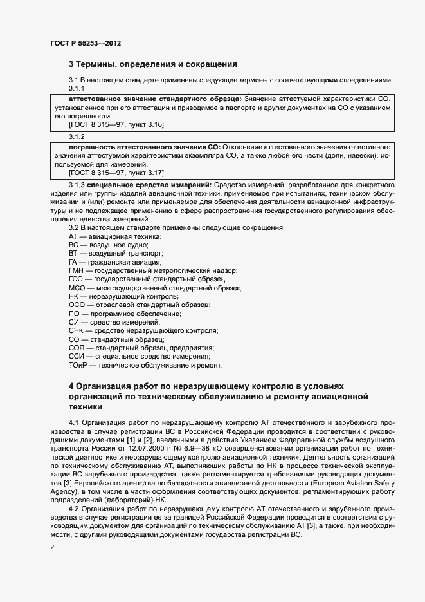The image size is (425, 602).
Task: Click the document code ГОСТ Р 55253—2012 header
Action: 86,43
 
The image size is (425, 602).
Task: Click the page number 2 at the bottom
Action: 52,547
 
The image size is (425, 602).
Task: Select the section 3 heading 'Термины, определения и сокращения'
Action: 153,64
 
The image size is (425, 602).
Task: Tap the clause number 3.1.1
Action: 77,88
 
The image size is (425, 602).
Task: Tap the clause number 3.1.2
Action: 77,136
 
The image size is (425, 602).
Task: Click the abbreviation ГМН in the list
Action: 77,271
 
